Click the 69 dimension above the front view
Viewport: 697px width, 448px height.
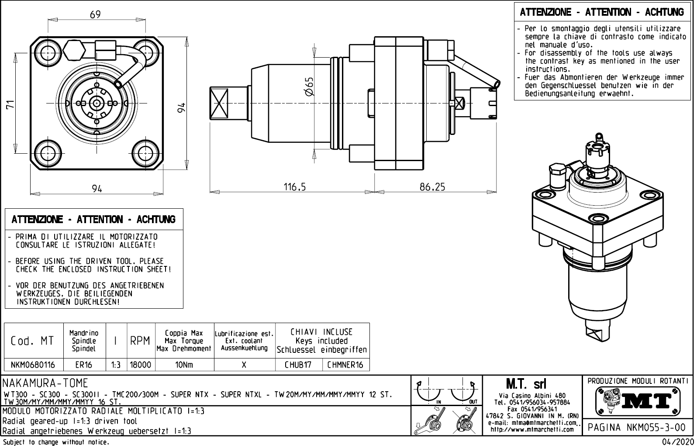click(x=95, y=14)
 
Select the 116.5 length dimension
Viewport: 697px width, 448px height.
click(x=295, y=187)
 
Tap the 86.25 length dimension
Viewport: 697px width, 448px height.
click(x=432, y=187)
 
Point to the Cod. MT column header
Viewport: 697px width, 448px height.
click(x=32, y=341)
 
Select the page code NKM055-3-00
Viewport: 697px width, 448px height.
click(x=637, y=427)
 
